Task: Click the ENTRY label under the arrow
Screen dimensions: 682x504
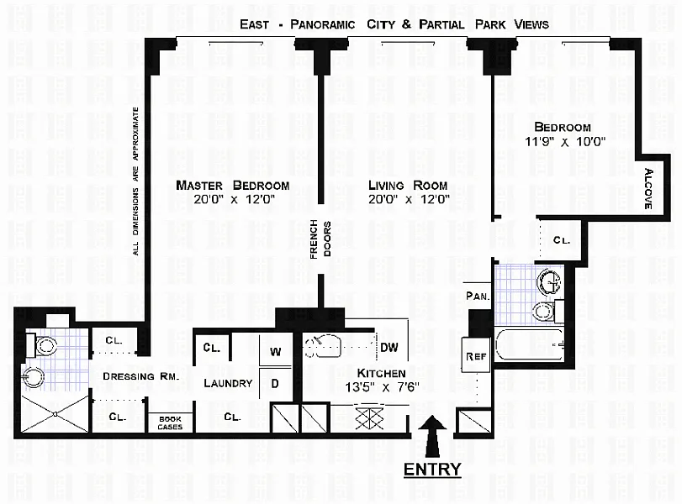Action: (x=432, y=470)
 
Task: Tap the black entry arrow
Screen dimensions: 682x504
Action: (x=432, y=436)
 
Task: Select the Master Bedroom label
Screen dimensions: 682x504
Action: (x=233, y=186)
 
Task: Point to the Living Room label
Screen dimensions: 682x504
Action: (x=408, y=186)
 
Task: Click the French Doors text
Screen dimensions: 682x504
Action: (x=321, y=239)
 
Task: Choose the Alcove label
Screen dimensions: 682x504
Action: (x=648, y=188)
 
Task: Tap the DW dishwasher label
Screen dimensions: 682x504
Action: (x=389, y=348)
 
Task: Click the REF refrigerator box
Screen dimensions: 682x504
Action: (x=476, y=355)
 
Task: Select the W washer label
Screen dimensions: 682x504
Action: (x=275, y=351)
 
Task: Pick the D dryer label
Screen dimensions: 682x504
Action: (x=275, y=384)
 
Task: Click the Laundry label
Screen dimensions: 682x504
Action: (x=229, y=383)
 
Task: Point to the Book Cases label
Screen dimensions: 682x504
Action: (x=170, y=423)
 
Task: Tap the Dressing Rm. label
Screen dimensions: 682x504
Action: (x=141, y=376)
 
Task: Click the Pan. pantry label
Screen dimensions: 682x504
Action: (x=478, y=297)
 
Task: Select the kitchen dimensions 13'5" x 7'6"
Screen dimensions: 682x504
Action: (x=383, y=386)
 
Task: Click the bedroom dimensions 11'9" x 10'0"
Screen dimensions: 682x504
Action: (x=565, y=142)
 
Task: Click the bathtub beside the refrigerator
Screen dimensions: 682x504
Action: (x=529, y=344)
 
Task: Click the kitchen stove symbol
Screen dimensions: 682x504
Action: (x=369, y=418)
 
